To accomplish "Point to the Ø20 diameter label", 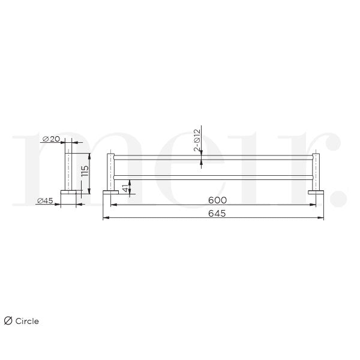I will [52, 139].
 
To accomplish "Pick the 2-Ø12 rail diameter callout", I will [196, 140].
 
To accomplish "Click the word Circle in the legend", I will [28, 321].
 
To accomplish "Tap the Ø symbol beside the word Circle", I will [8, 321].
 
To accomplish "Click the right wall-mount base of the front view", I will [316, 192].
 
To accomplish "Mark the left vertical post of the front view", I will [110, 172].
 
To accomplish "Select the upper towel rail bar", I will [214, 158].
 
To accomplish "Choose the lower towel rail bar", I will [214, 176].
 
